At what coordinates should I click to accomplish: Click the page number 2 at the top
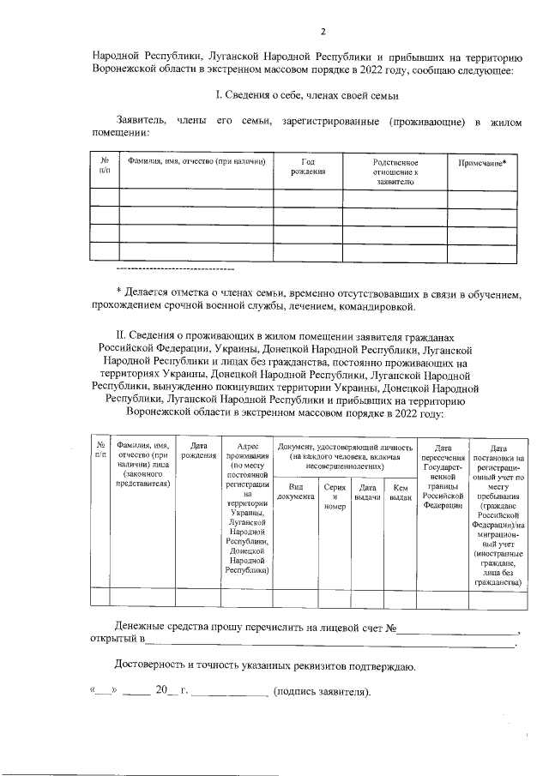tap(323, 33)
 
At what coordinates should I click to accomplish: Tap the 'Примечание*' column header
tap(481, 162)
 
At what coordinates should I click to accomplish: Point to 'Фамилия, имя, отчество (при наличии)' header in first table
tap(196, 161)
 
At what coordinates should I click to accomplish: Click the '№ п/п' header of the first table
tap(104, 166)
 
